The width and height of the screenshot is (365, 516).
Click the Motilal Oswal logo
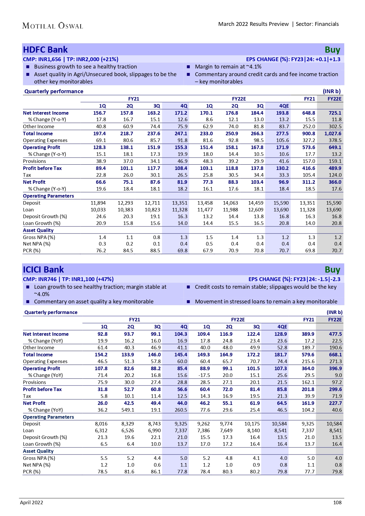point(53,26)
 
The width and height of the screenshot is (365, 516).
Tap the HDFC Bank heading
point(45,50)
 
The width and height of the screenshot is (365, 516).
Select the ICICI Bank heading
point(43,270)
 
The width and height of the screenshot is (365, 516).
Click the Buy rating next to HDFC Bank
point(332,50)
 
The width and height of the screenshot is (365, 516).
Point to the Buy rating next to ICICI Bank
point(332,270)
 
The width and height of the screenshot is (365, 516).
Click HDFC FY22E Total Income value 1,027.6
point(333,133)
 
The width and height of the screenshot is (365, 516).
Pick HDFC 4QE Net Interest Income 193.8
point(282,113)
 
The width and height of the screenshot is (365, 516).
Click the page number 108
point(337,502)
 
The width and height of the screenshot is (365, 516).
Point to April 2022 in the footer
point(31,502)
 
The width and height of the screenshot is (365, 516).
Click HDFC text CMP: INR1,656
point(42,59)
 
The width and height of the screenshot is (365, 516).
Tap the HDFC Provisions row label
point(34,161)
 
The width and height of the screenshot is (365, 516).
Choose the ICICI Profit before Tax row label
point(42,389)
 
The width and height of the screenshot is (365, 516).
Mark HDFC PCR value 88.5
point(155,251)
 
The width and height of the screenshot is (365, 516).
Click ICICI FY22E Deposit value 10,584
point(334,424)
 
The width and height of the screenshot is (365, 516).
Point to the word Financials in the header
point(327,24)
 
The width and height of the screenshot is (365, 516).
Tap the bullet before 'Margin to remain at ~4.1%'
point(189,67)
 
